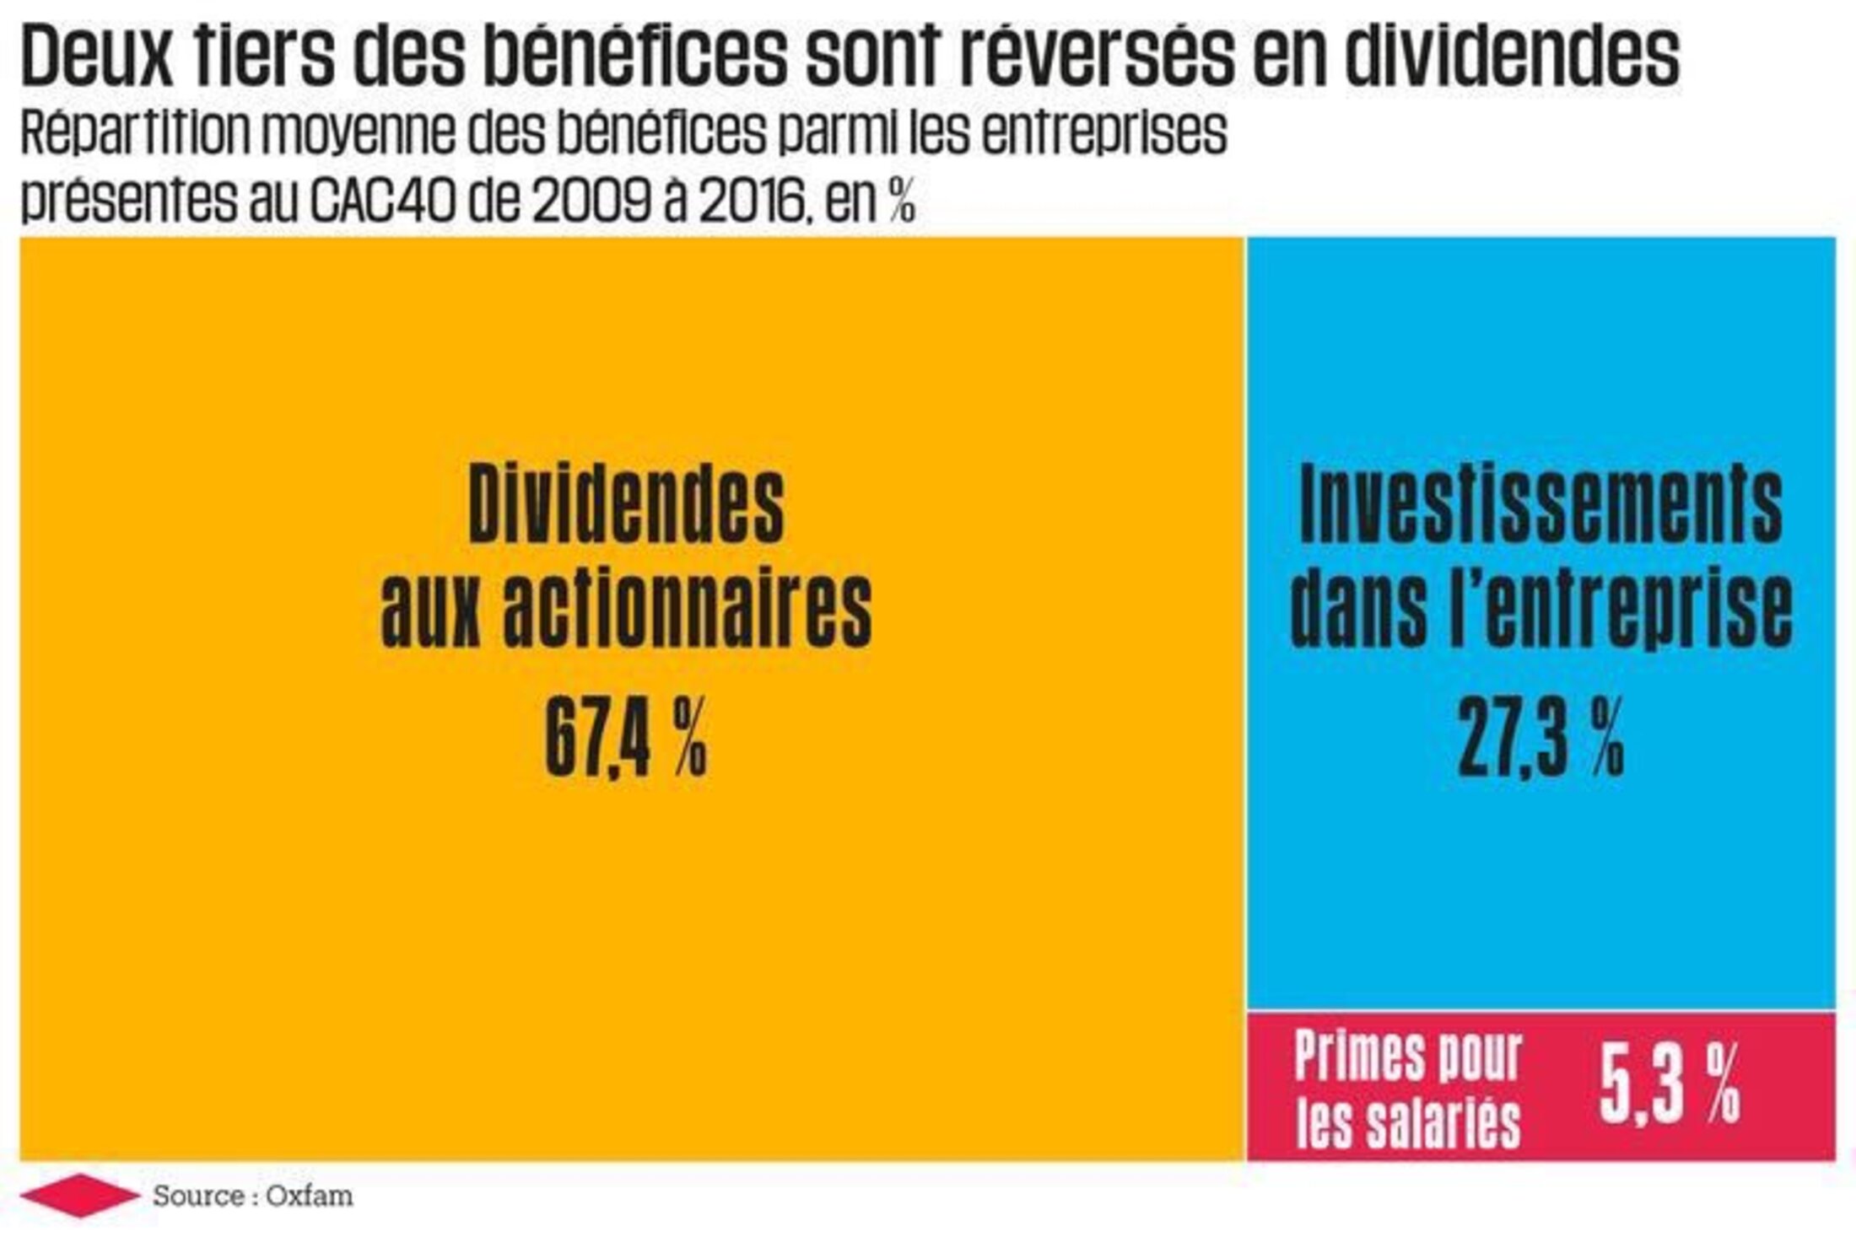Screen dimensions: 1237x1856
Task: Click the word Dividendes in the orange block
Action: point(626,505)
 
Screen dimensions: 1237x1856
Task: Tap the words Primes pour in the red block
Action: point(1407,1055)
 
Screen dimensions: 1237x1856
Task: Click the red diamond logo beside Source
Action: point(80,1196)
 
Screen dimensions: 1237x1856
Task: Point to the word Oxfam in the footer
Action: point(309,1196)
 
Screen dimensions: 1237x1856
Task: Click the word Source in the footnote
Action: point(198,1196)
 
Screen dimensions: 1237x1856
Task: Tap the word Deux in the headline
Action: point(96,56)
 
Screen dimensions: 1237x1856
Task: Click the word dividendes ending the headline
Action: point(1510,56)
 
